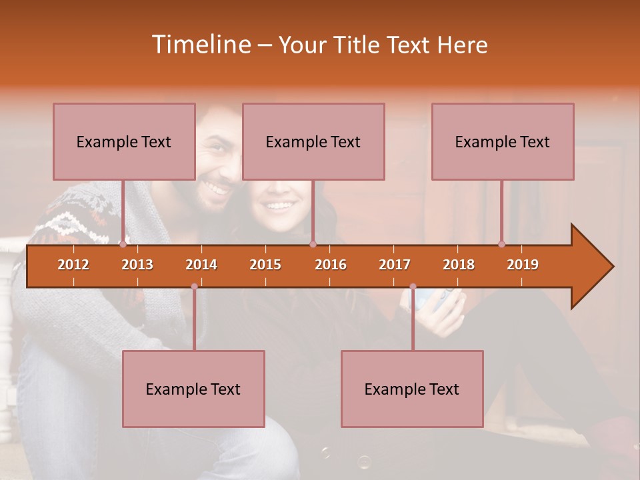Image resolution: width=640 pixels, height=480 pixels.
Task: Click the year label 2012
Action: (73, 265)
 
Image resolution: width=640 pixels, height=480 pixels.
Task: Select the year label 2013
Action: (137, 265)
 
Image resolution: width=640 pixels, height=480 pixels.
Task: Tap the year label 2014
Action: (201, 265)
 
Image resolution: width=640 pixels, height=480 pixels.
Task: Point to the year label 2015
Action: (265, 265)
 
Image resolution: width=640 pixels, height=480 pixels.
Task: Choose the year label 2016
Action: (331, 265)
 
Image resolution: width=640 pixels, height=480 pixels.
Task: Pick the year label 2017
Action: (395, 265)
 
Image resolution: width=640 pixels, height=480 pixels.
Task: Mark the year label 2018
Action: (459, 265)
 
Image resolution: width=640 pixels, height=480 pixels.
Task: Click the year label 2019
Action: (523, 265)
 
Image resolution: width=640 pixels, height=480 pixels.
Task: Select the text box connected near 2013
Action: (124, 141)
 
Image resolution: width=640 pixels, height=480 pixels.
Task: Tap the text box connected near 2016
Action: (313, 141)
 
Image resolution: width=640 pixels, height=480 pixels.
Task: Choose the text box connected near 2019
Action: (503, 141)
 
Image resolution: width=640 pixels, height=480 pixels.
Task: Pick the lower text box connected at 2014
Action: (193, 389)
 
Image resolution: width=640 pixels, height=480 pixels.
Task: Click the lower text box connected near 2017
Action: (412, 389)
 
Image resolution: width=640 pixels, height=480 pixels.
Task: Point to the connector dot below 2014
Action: (194, 287)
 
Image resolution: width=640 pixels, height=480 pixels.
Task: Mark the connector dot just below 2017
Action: (413, 287)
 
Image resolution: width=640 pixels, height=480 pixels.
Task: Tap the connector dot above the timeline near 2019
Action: (501, 244)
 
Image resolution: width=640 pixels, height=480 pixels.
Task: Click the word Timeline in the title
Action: (201, 45)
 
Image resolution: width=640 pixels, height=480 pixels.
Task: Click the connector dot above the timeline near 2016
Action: (313, 244)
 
